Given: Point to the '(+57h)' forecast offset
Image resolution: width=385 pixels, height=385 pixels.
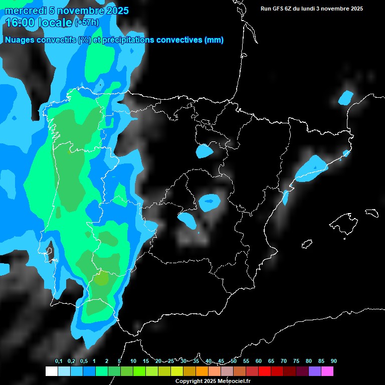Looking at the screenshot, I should click(x=87, y=23).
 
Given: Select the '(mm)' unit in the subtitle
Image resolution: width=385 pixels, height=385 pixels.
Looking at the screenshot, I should click(x=214, y=40).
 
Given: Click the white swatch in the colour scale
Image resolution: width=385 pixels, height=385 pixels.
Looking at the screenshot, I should click(x=51, y=371).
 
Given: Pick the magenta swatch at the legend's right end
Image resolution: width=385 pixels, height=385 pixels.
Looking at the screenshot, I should click(x=327, y=371).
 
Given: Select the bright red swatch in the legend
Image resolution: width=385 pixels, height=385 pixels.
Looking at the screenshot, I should click(x=265, y=371).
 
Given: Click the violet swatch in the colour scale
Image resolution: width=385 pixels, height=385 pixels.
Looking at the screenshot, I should click(x=315, y=371).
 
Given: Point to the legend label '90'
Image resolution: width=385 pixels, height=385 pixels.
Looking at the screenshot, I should click(x=334, y=361).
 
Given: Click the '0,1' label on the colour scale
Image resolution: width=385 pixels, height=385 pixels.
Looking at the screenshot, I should click(x=59, y=361).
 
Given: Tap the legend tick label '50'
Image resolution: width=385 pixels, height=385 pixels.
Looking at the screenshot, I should click(x=234, y=361).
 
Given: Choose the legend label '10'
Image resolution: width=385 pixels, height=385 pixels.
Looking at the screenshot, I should click(x=133, y=361).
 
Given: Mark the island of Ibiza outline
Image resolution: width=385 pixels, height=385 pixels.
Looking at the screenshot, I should click(x=307, y=245).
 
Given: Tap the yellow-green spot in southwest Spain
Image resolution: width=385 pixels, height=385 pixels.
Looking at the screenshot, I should click(x=102, y=279).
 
